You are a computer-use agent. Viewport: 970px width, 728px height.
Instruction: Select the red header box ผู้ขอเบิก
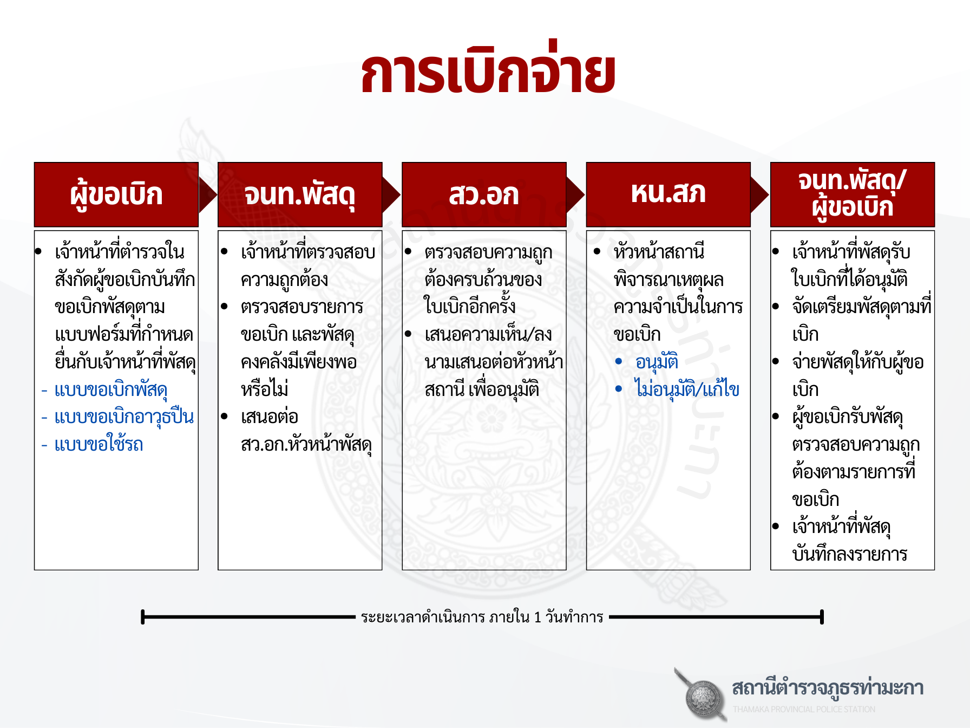pos(116,194)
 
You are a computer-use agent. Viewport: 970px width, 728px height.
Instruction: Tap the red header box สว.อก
pos(484,194)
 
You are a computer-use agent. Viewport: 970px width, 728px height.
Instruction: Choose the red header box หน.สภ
pos(668,194)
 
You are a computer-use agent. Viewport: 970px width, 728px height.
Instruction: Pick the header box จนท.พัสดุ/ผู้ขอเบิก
pos(853,194)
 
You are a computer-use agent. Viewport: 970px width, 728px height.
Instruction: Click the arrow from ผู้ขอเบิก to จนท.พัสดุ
pos(208,194)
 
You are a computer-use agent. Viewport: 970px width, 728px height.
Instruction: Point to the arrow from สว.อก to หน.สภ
pos(576,194)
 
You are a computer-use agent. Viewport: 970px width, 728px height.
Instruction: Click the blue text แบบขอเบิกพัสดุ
pos(111,390)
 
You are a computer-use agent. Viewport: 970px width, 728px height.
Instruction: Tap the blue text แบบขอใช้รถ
pos(99,445)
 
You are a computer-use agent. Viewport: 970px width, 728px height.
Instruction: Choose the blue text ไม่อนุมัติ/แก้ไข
pos(687,389)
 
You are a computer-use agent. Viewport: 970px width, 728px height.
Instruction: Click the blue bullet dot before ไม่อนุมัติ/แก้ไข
pos(619,388)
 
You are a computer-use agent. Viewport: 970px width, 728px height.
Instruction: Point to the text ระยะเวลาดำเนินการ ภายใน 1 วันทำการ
pos(482,617)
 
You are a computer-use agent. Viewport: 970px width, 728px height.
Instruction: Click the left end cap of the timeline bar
pos(142,617)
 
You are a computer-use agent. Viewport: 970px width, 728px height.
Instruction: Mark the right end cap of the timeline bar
pos(822,617)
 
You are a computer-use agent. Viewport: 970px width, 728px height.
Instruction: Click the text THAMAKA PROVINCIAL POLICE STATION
pos(804,709)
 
